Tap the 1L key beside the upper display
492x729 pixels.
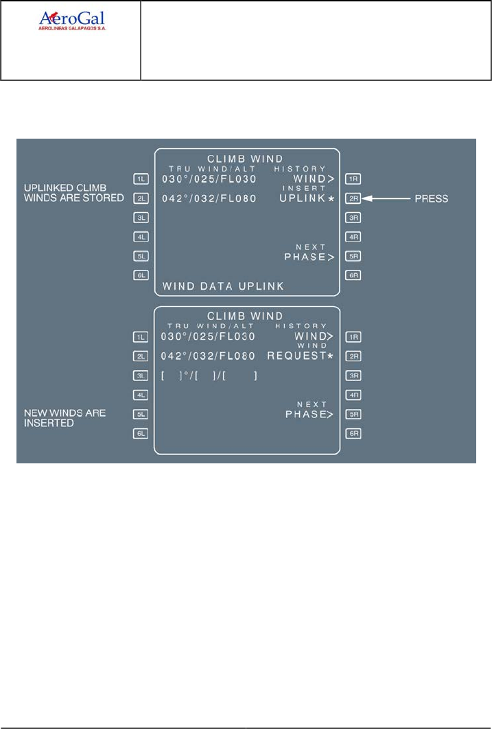141,179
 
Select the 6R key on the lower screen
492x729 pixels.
353,433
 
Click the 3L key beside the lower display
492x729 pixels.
141,375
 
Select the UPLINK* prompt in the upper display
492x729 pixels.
307,198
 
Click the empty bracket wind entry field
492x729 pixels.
209,375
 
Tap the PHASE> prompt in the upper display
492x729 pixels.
309,257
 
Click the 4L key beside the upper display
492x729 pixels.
141,237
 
